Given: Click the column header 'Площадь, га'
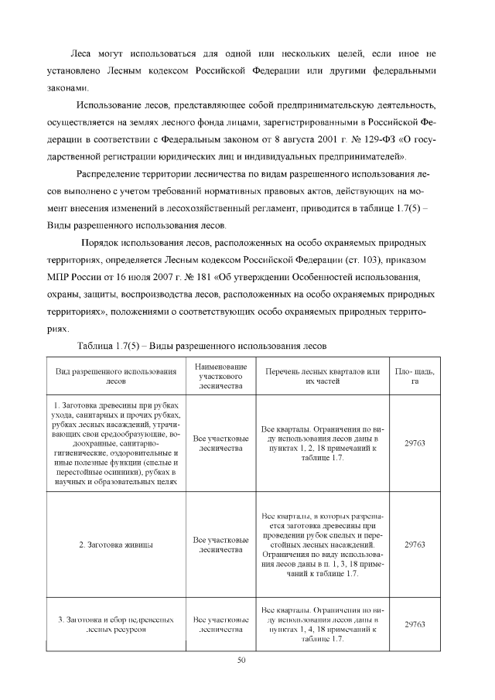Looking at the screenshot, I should [x=415, y=376].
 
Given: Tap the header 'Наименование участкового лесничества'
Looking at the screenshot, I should [x=221, y=376].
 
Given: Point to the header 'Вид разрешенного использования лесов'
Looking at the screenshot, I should [x=115, y=376].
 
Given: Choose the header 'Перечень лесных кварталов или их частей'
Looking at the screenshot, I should [x=322, y=376].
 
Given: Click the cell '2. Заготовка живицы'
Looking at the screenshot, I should [x=115, y=545].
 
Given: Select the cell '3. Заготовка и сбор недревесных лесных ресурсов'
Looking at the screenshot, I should [x=115, y=625].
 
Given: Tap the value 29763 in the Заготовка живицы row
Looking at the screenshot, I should [x=415, y=545].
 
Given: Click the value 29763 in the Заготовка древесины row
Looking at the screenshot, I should [x=415, y=443].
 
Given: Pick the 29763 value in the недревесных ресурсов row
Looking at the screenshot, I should [x=415, y=625].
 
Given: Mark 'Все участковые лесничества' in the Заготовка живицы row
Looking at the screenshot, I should [x=221, y=545].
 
